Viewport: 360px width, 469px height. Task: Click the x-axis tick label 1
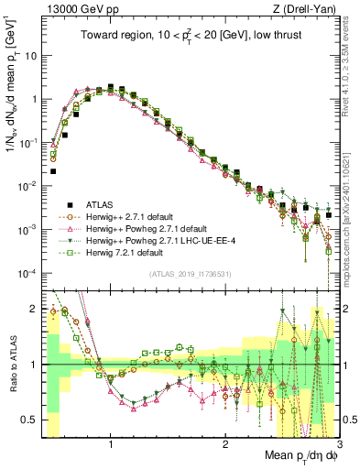[111, 445]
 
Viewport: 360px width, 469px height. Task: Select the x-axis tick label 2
[224, 445]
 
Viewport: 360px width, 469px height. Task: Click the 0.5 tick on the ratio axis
[33, 420]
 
